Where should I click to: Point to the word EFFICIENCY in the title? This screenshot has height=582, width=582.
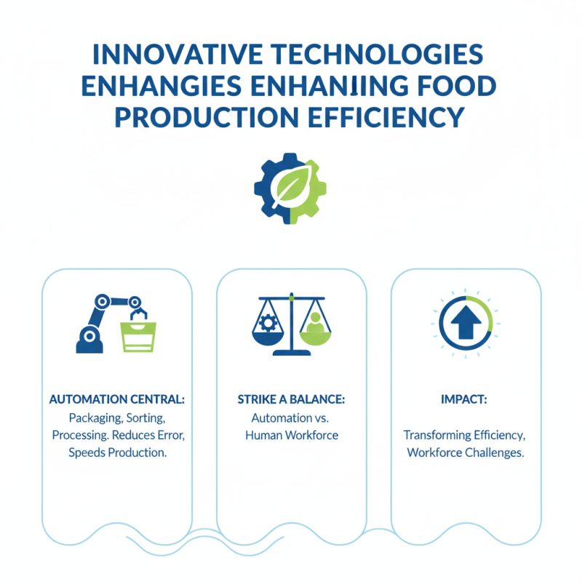(386, 116)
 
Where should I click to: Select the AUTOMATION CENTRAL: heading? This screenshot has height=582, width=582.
(117, 400)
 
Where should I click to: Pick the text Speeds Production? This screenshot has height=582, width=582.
(117, 453)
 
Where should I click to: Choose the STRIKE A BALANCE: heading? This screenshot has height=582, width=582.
(291, 400)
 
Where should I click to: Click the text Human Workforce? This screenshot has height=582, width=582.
(291, 436)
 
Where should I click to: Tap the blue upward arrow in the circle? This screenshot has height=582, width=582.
(466, 322)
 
